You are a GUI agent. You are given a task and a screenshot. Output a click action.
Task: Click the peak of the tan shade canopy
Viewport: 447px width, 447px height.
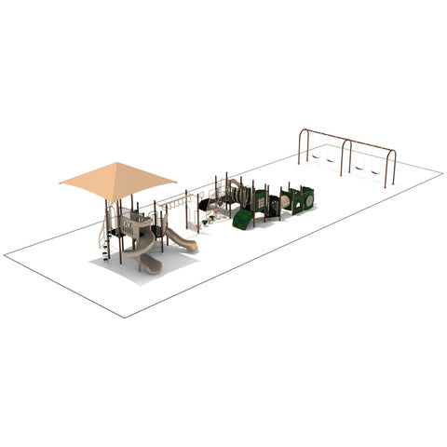tap(116, 164)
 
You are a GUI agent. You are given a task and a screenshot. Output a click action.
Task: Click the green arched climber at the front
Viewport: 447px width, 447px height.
tap(242, 220)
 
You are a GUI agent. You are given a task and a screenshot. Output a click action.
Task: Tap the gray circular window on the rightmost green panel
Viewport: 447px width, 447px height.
tap(307, 196)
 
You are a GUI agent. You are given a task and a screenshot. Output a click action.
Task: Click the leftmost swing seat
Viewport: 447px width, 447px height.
tap(317, 159)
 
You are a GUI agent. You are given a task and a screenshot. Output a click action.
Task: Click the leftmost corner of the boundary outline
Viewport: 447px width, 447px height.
tap(4, 253)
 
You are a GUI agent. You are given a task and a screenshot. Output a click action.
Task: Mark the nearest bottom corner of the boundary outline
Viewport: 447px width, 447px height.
tap(125, 318)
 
